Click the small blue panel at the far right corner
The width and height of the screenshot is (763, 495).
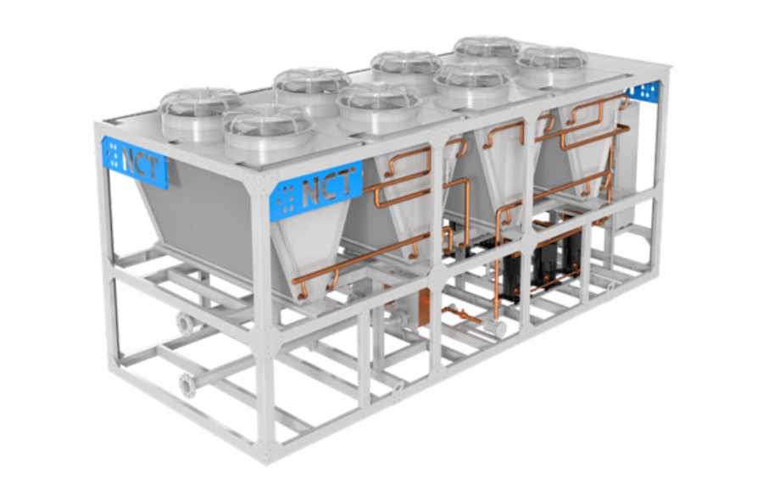point(644,91)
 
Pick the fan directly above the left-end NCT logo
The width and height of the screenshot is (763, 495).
point(201,114)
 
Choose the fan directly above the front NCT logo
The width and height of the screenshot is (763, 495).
point(268,132)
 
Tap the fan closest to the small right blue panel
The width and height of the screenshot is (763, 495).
point(552,67)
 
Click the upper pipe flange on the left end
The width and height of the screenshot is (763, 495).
point(185,323)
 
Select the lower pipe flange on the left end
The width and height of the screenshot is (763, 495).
point(187,386)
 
